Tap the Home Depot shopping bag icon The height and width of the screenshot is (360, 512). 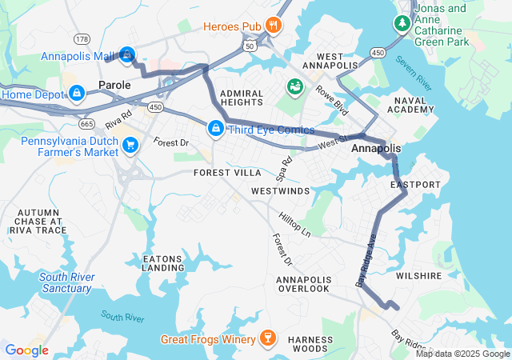[75, 94]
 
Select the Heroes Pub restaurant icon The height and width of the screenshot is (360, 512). [274, 25]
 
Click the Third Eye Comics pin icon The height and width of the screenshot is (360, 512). [216, 128]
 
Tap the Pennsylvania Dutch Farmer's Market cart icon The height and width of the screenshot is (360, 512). [130, 144]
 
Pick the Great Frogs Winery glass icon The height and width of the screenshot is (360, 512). [267, 339]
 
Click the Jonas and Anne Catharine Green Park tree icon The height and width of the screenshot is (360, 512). [401, 23]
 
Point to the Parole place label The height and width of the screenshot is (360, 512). [114, 84]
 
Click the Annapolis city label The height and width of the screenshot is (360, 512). [376, 149]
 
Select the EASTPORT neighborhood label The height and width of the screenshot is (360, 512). [415, 185]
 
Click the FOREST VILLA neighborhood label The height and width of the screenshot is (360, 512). [227, 172]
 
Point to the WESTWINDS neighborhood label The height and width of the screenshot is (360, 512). [279, 192]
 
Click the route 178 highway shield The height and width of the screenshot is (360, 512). [82, 38]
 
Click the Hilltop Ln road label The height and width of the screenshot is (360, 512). [294, 225]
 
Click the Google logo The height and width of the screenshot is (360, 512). [27, 350]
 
